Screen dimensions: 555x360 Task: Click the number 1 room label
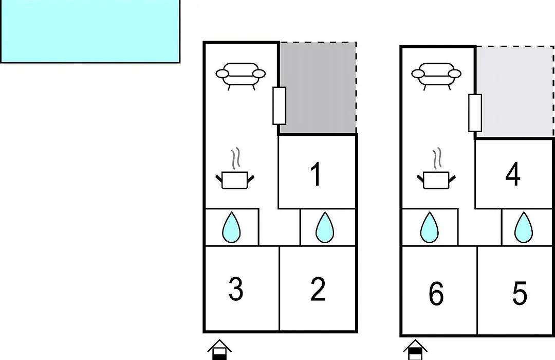316,174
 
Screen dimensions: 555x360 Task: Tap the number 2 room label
318,289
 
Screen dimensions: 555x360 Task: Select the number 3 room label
236,289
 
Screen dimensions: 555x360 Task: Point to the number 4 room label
513,174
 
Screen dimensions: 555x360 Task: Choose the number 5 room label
520,293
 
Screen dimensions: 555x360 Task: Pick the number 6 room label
436,293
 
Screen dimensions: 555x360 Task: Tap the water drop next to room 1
325,227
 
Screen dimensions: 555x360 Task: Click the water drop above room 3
231,227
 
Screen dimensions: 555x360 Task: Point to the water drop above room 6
429,227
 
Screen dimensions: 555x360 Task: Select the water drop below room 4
524,227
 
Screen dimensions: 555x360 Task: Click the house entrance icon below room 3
219,350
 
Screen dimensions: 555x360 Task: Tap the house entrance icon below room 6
415,350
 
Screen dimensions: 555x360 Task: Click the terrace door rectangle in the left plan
279,105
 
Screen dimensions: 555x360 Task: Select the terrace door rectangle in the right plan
475,113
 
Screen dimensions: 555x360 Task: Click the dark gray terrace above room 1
318,87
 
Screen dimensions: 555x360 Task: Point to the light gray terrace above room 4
515,92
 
